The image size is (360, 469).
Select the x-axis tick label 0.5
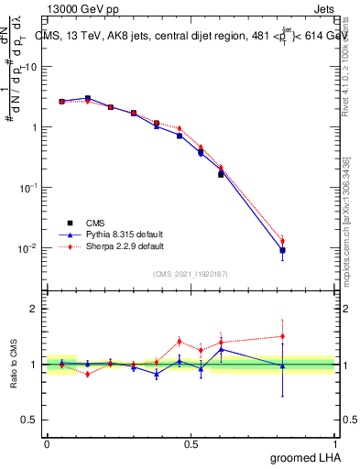pyautogui.click(x=191, y=443)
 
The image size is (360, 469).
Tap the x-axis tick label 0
pyautogui.click(x=47, y=443)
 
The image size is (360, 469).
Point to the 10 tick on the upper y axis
pyautogui.click(x=31, y=67)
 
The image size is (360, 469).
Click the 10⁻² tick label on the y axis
pyautogui.click(x=29, y=248)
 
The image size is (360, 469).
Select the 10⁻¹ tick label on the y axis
pyautogui.click(x=29, y=188)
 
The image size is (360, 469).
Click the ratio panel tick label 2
pyautogui.click(x=36, y=310)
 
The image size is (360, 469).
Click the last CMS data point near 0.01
pyautogui.click(x=282, y=250)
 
